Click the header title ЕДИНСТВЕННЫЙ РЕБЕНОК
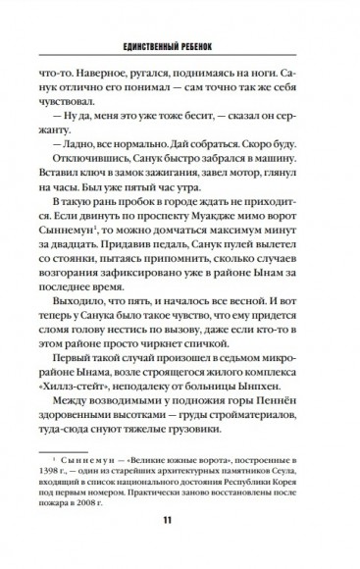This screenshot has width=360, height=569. click(180, 46)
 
